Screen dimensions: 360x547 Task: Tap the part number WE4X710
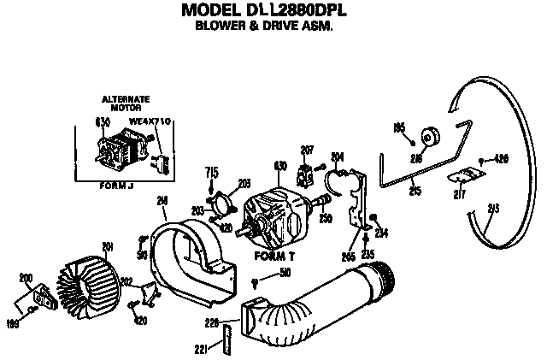tap(150, 122)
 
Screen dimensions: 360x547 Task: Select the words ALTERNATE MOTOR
tap(125, 103)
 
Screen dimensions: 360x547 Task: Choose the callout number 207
tap(307, 150)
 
